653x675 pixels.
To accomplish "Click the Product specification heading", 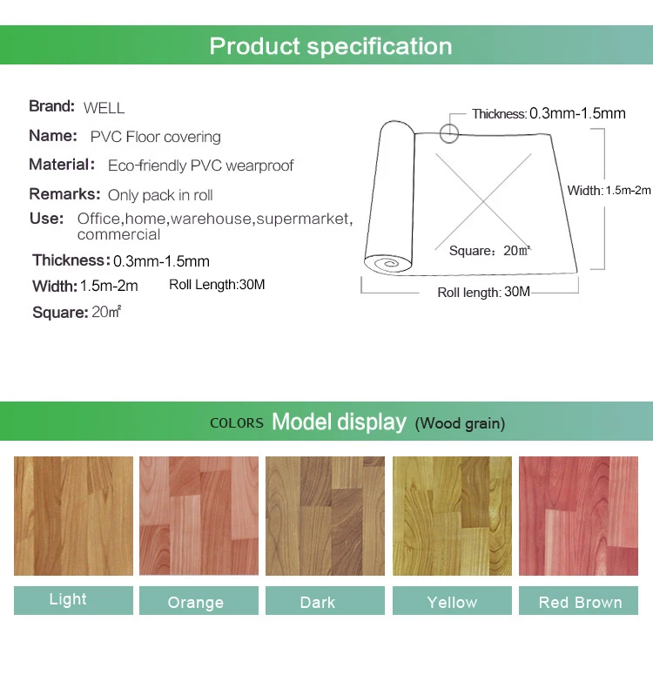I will click(x=331, y=46).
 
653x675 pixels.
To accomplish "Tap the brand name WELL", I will click(x=104, y=108).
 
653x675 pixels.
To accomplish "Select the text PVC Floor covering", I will click(x=155, y=137).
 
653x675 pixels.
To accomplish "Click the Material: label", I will click(x=62, y=165).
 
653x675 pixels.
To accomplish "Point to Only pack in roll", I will click(x=160, y=195).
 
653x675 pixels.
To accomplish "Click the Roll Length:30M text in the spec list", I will click(x=217, y=285).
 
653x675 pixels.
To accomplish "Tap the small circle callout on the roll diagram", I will click(x=449, y=133).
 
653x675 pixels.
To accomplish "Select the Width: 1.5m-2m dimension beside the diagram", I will click(x=609, y=191).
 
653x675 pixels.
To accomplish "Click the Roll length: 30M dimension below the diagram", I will click(x=483, y=292).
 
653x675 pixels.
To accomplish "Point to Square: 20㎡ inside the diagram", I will click(x=490, y=251).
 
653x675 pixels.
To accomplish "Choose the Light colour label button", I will click(x=73, y=600).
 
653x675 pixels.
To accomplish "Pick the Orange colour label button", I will click(x=199, y=601).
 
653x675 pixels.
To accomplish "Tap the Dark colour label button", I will click(x=324, y=601).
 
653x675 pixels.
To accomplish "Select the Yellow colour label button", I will click(x=452, y=601).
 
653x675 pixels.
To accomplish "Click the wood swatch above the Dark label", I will click(x=324, y=516).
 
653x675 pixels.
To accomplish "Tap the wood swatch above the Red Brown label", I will click(x=578, y=516).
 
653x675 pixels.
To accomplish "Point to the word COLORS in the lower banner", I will click(x=237, y=423).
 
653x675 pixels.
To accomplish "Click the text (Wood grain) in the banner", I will click(x=460, y=424).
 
